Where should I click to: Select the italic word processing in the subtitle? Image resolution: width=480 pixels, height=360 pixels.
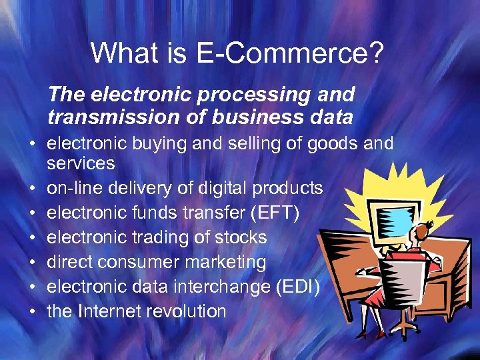(x=234, y=95)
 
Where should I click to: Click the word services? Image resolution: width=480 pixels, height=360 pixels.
(x=81, y=163)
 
